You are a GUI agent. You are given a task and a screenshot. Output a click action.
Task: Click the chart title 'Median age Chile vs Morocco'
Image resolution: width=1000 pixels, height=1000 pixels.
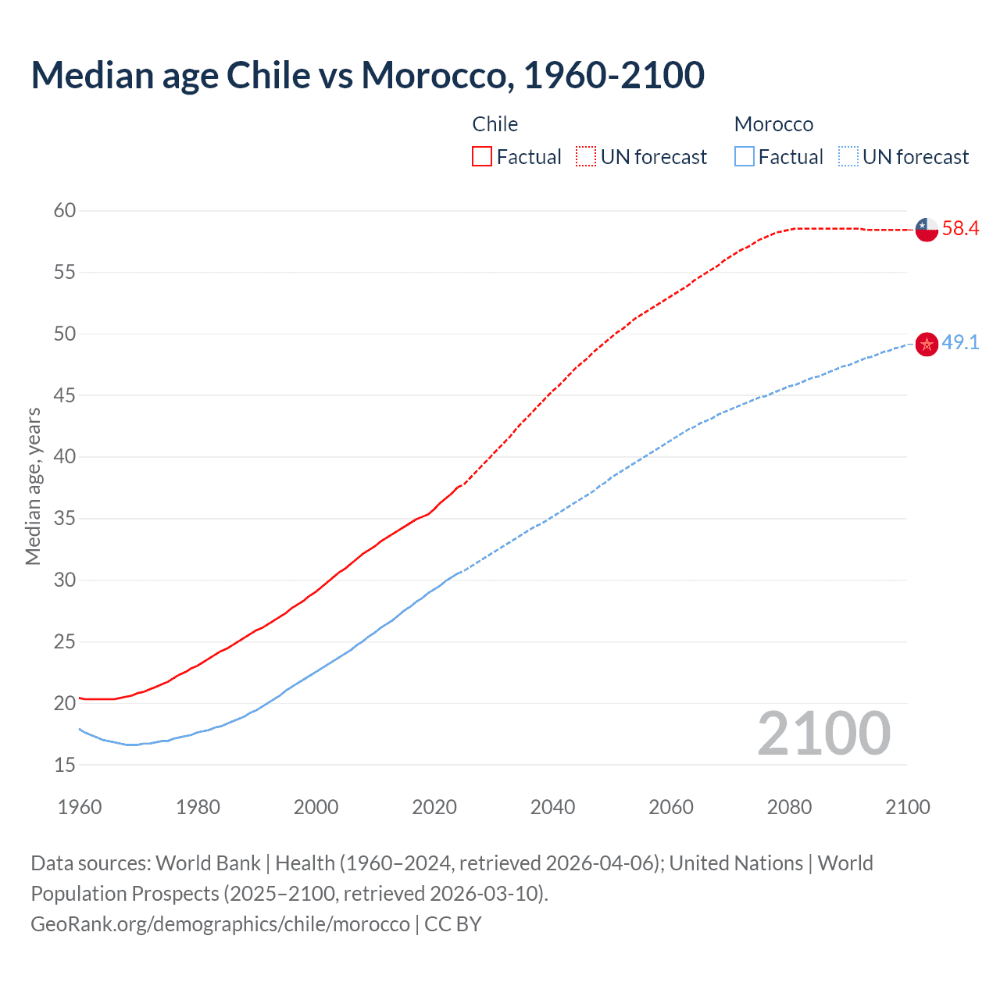(x=367, y=75)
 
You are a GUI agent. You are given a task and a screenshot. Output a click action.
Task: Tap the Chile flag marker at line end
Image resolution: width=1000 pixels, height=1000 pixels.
(x=927, y=229)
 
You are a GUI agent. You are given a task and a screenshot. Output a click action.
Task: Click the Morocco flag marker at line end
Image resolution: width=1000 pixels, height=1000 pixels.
(x=927, y=344)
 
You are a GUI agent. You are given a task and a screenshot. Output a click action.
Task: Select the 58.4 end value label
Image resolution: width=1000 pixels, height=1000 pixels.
(x=960, y=229)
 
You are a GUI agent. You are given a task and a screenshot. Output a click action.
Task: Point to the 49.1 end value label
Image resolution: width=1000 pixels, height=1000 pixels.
(x=960, y=343)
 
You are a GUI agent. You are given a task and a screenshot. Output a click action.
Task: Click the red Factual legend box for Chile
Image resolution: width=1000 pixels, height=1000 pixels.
(x=482, y=157)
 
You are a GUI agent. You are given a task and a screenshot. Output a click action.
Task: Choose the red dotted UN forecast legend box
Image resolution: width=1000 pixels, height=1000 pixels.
(x=586, y=157)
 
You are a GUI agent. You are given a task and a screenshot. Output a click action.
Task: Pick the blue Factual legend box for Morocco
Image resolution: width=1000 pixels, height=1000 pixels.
(x=745, y=157)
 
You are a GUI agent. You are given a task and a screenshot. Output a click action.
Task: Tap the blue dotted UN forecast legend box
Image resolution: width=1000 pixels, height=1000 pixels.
(x=848, y=157)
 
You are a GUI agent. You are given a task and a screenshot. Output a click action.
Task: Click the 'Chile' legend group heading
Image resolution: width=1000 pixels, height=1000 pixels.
(x=495, y=124)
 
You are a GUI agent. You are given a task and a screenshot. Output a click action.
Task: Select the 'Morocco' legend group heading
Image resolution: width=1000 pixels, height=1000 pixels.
(x=773, y=124)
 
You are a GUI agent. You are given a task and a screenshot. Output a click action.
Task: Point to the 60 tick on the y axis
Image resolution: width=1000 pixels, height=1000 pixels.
(x=65, y=210)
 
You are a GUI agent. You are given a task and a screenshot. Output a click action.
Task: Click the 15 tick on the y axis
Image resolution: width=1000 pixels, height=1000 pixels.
(x=65, y=765)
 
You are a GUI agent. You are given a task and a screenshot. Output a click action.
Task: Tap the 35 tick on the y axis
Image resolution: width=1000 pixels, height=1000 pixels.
(x=65, y=518)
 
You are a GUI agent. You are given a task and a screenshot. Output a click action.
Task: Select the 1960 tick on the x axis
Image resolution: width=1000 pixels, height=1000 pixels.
(x=80, y=807)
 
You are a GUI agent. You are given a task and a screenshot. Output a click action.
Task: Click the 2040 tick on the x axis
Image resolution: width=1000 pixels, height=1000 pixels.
(x=552, y=807)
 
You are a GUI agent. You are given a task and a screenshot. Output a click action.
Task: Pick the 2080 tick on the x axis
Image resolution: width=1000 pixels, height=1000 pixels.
(x=789, y=807)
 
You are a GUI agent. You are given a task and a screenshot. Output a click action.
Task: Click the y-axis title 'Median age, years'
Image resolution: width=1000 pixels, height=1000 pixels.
(x=33, y=486)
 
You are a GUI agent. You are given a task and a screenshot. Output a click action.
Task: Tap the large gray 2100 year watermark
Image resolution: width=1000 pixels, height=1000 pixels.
(x=823, y=733)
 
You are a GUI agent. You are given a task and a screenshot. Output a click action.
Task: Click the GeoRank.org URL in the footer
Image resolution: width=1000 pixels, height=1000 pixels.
(x=220, y=924)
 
